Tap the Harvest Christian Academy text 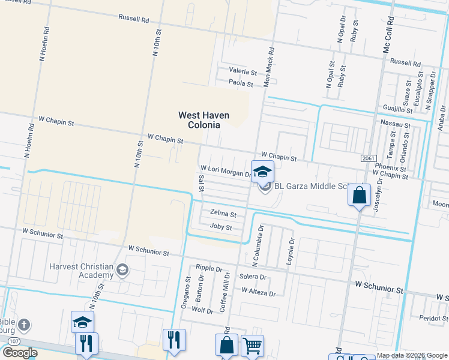click(82, 270)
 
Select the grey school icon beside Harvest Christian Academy click(122, 269)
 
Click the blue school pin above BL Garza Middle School click(262, 172)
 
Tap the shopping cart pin click(252, 346)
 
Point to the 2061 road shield click(369, 158)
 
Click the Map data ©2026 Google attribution click(411, 355)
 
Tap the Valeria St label click(242, 71)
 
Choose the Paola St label click(241, 83)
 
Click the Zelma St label click(223, 213)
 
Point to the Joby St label click(221, 227)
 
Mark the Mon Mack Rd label click(270, 67)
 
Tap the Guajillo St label click(397, 109)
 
